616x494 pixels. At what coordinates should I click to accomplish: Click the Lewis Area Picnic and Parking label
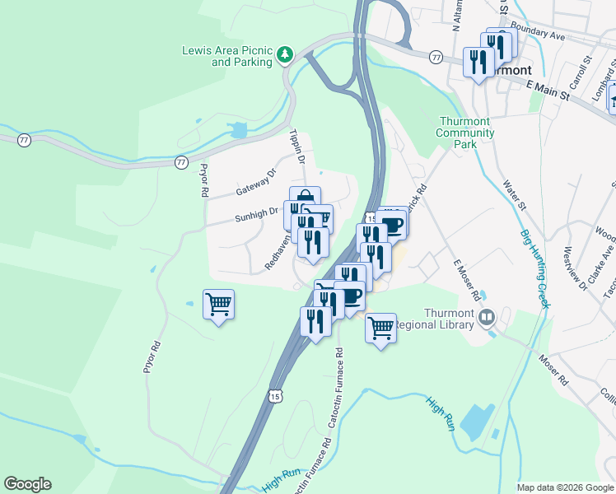coord(226,56)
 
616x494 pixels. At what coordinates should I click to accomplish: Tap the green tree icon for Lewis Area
coord(285,55)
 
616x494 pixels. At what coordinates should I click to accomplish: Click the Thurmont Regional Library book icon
coord(488,318)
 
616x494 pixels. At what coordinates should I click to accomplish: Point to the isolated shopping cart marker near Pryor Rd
coord(218,305)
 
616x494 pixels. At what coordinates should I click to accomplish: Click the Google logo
coord(27,484)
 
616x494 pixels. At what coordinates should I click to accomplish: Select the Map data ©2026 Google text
coord(564,487)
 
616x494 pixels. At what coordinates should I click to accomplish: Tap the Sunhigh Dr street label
coord(256,214)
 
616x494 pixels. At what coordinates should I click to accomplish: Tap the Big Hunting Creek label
coord(534,269)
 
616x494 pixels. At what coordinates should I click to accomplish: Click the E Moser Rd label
coord(466,282)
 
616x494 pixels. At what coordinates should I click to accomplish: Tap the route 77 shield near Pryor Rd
coord(180,162)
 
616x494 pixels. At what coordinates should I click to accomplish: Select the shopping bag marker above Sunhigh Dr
coord(305,198)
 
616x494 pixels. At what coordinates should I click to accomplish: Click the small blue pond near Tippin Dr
coord(239,130)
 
